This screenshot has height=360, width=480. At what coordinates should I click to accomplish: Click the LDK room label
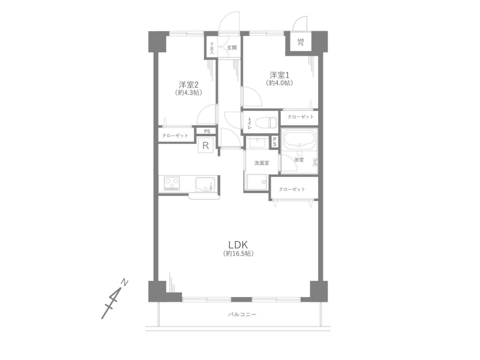pos(238,245)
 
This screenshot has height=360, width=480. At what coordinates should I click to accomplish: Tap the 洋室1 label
pos(280,75)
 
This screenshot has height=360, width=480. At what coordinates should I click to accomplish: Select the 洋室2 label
pos(188,85)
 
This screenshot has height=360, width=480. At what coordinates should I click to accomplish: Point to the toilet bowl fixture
pos(266,122)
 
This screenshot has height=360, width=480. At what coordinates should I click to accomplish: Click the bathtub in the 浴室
pos(299,140)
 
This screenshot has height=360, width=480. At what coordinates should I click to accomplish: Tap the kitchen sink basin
pos(205,184)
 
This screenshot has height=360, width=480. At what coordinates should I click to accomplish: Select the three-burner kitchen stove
pos(172,184)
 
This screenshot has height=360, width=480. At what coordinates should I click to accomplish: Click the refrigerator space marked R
pos(206,145)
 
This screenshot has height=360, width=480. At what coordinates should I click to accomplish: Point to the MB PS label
pos(301,42)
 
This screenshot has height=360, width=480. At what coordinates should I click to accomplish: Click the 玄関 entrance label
pos(232,48)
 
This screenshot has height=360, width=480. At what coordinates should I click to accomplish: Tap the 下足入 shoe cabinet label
pos(212,49)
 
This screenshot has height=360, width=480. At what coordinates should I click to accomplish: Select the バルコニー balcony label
pos(242,314)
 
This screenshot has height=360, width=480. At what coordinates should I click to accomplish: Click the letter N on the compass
pos(125,282)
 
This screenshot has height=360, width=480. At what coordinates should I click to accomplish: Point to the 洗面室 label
pos(262,163)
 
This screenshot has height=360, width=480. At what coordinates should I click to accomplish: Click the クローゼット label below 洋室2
pos(175,136)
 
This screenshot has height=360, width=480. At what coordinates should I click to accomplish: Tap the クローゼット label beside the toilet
pos(301,116)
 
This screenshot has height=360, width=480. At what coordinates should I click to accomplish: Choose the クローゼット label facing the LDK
pos(292,189)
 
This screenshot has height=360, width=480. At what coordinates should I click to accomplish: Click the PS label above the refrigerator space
pos(207,131)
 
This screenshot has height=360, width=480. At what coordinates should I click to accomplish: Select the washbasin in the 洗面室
pos(256,143)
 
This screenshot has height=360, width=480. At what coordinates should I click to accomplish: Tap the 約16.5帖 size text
pos(238,253)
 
